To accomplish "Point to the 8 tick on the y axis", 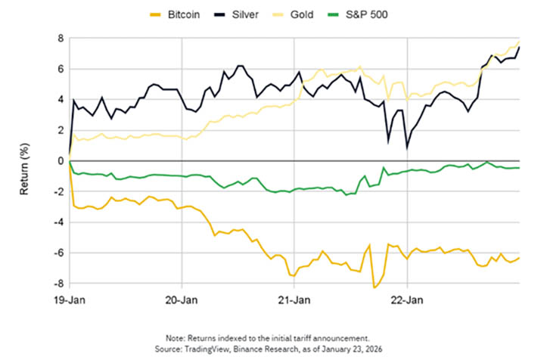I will tap(59, 38).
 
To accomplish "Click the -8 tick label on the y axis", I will tap(57, 284).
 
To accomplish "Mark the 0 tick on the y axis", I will tap(59, 161).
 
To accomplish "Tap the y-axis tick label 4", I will tap(59, 100).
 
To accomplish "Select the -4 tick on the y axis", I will tap(57, 223).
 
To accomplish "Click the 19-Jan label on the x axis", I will tap(70, 299).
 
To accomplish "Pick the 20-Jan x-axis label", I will tap(182, 299).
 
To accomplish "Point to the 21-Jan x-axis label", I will tap(295, 299).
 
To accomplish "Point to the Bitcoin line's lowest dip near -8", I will tap(374, 287).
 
